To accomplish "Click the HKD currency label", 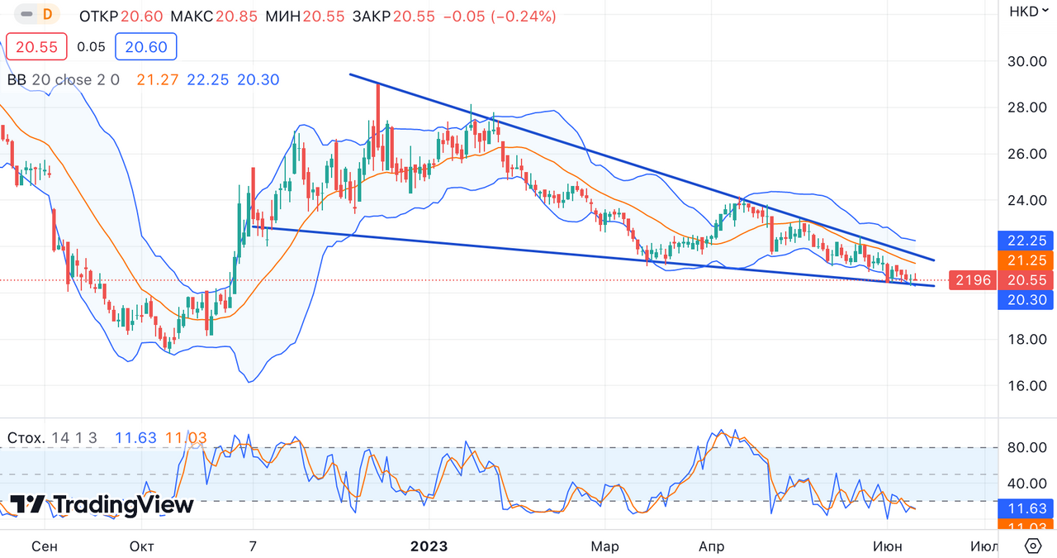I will tap(1024, 12).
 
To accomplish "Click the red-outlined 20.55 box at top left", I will tap(36, 47).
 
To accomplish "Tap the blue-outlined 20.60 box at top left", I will tap(146, 47).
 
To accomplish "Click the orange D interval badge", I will tap(47, 14).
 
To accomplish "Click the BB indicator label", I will tap(17, 79).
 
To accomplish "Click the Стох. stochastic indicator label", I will tap(26, 437).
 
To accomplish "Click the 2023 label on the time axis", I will tap(429, 546).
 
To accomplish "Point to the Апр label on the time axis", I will tap(712, 546).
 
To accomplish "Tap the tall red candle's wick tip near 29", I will tap(378, 85).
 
